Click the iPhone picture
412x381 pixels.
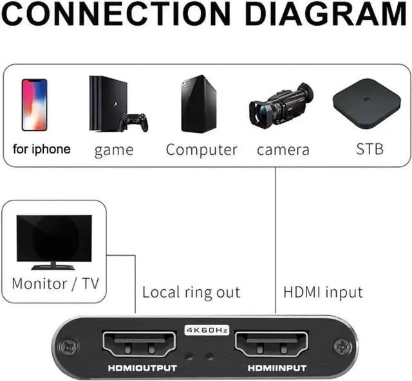tap(34, 105)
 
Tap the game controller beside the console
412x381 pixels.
tap(133, 122)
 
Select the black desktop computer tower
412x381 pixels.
tap(198, 103)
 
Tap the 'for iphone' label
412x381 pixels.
tap(42, 150)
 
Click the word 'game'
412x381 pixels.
tap(114, 151)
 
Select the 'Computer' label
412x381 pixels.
tap(201, 150)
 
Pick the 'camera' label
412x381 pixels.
tap(283, 150)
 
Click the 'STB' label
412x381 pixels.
tap(370, 150)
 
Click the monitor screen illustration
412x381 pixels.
tap(54, 238)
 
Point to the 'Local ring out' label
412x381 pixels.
tap(191, 292)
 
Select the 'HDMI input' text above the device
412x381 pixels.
tap(323, 292)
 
